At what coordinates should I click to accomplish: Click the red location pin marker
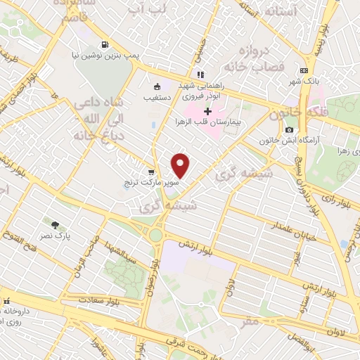coord(181,165)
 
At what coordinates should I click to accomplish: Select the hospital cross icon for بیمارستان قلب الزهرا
coord(208,111)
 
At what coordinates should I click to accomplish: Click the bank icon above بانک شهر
coord(303,70)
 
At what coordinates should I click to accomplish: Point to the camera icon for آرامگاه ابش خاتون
coord(289,129)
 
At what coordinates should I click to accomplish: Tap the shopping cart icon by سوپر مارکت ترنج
coord(151,172)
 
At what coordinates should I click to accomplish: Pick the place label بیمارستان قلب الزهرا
coord(208,122)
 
